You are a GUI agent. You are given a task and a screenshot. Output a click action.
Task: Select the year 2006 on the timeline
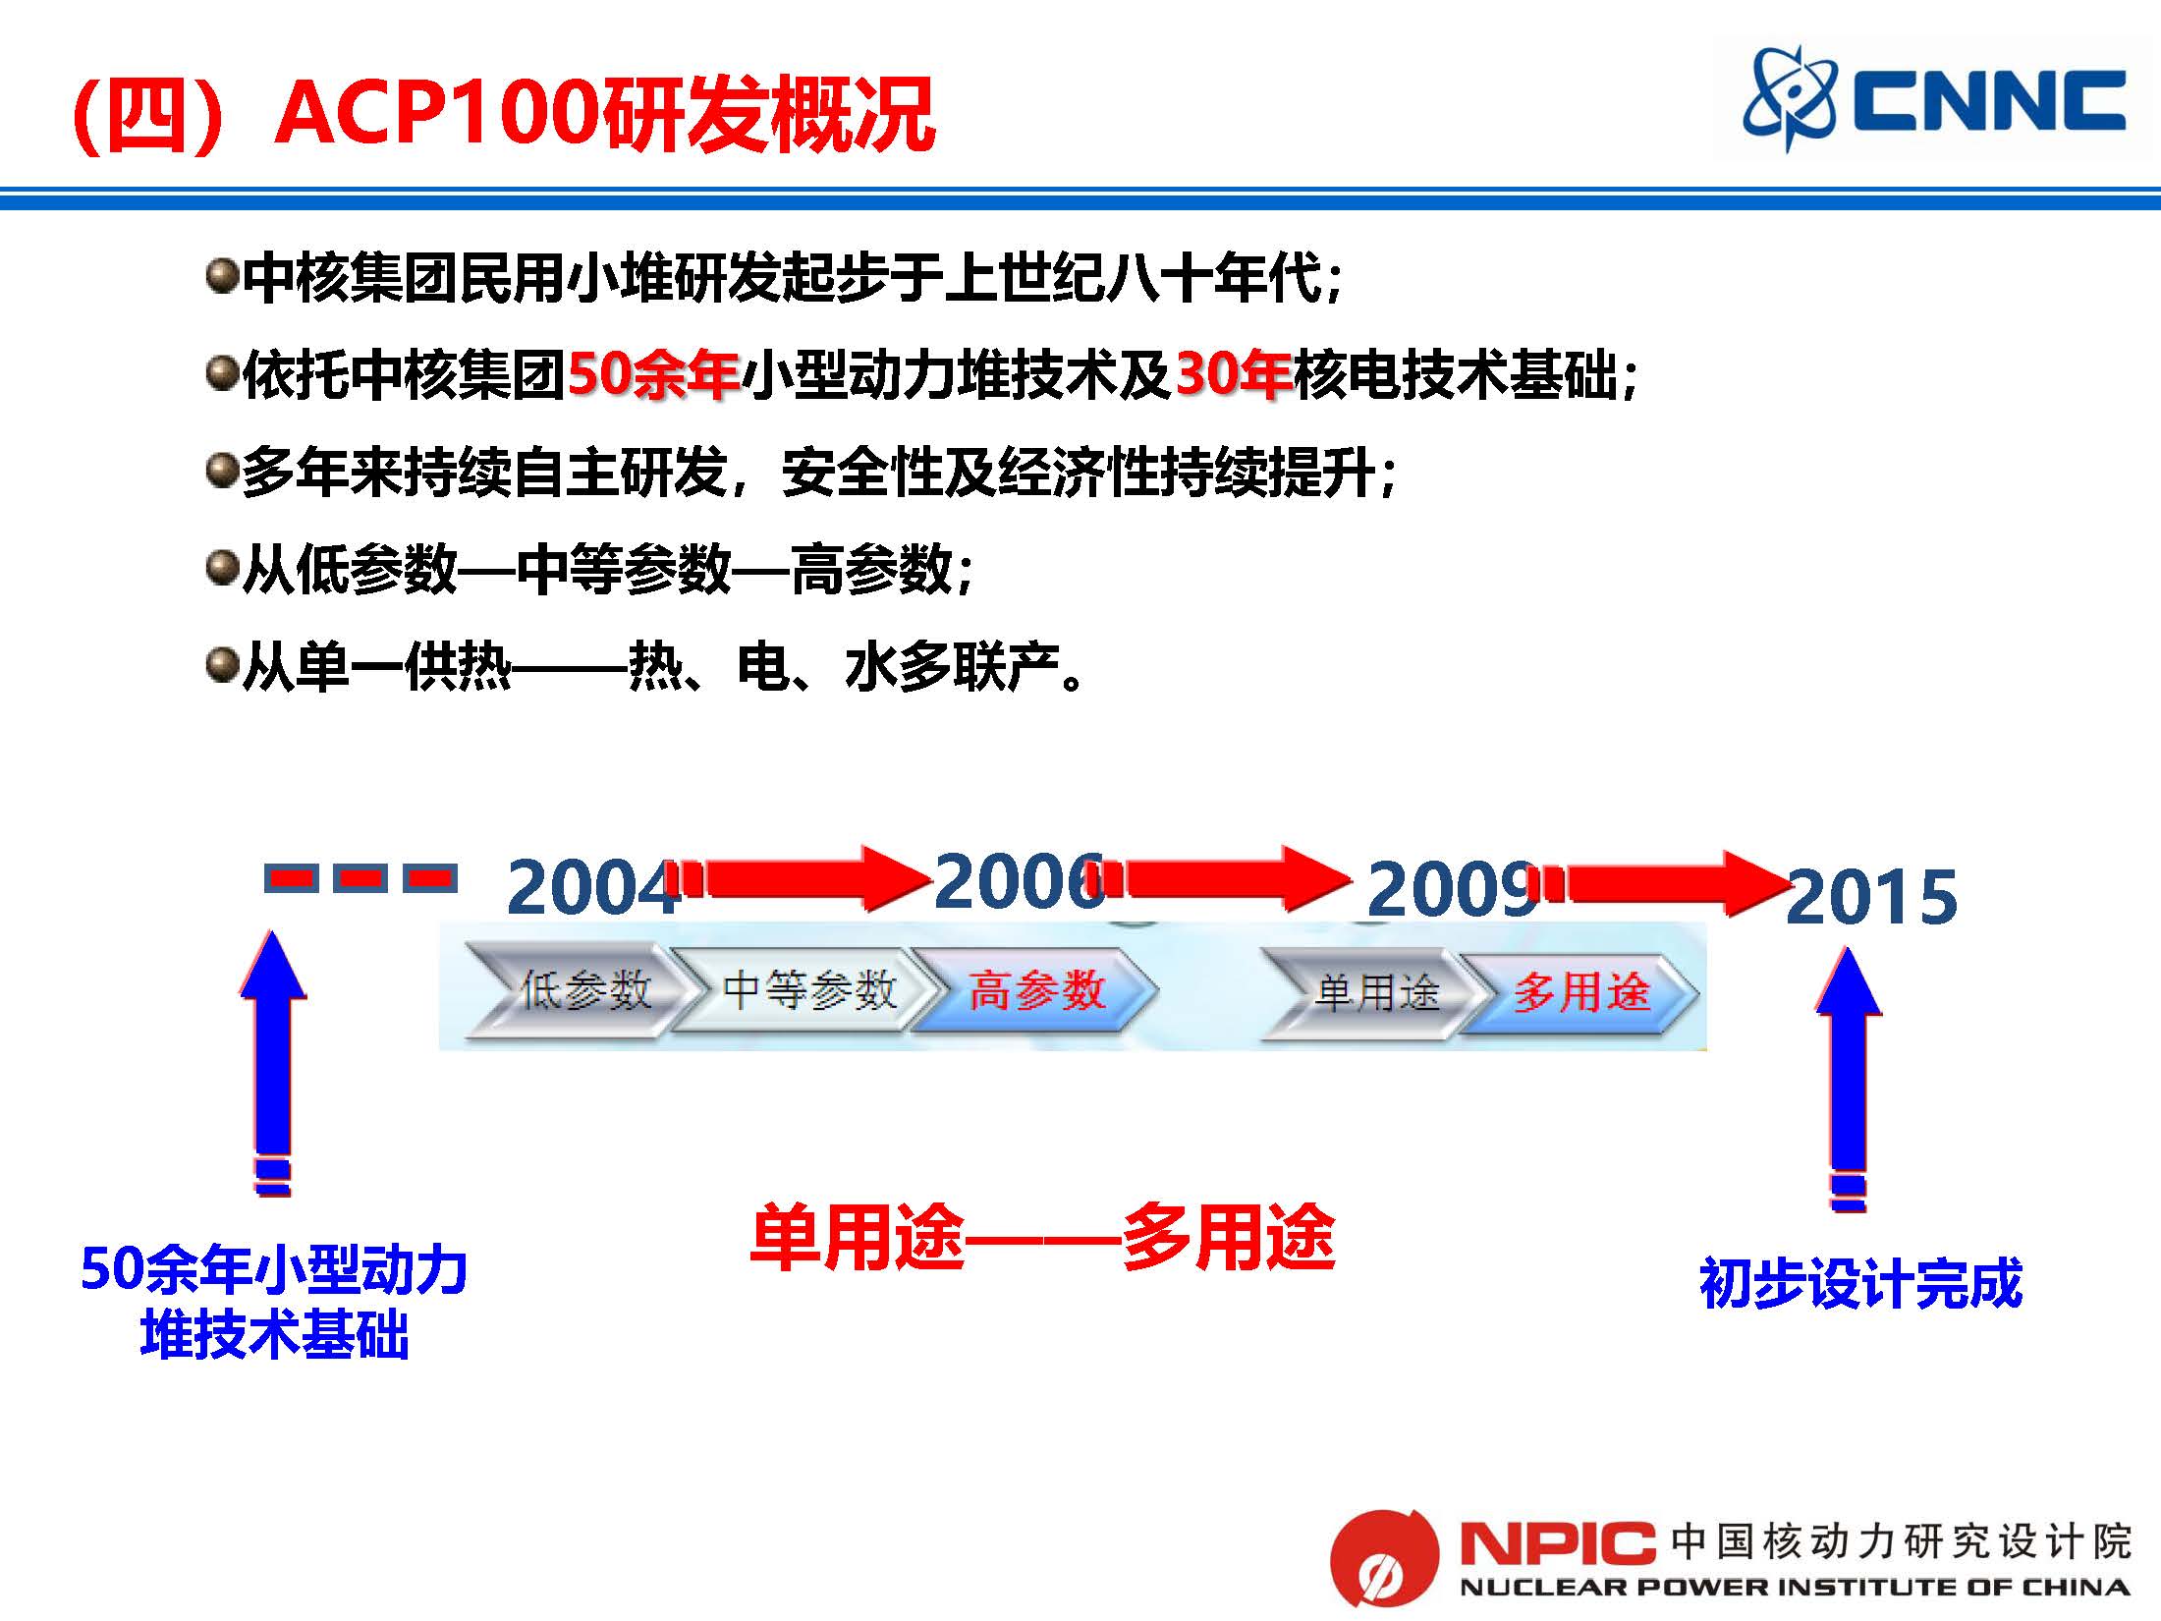pyautogui.click(x=1017, y=881)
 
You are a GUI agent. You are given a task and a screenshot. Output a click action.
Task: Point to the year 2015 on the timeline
pyautogui.click(x=1871, y=897)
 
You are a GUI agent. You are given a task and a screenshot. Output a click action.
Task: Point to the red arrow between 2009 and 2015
pyautogui.click(x=1670, y=883)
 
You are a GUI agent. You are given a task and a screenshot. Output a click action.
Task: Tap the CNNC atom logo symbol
pyautogui.click(x=1789, y=99)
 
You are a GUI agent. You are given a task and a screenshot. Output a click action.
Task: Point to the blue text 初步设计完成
pyautogui.click(x=1860, y=1283)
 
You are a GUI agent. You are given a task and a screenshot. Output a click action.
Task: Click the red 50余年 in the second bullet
pyautogui.click(x=653, y=374)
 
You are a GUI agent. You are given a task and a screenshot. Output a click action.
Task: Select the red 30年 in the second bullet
pyautogui.click(x=1234, y=374)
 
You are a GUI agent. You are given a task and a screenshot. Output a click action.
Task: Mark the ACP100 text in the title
pyautogui.click(x=437, y=114)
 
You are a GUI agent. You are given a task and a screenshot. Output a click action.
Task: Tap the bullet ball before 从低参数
pyautogui.click(x=223, y=569)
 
